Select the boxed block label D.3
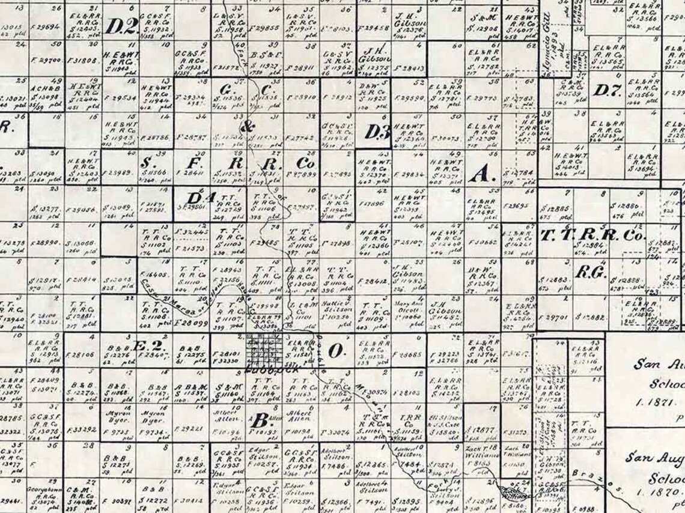pyautogui.click(x=378, y=132)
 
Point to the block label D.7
pyautogui.click(x=607, y=91)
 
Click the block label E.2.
pyautogui.click(x=147, y=347)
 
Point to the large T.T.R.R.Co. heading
pyautogui.click(x=592, y=235)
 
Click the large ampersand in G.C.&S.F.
pyautogui.click(x=247, y=126)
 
